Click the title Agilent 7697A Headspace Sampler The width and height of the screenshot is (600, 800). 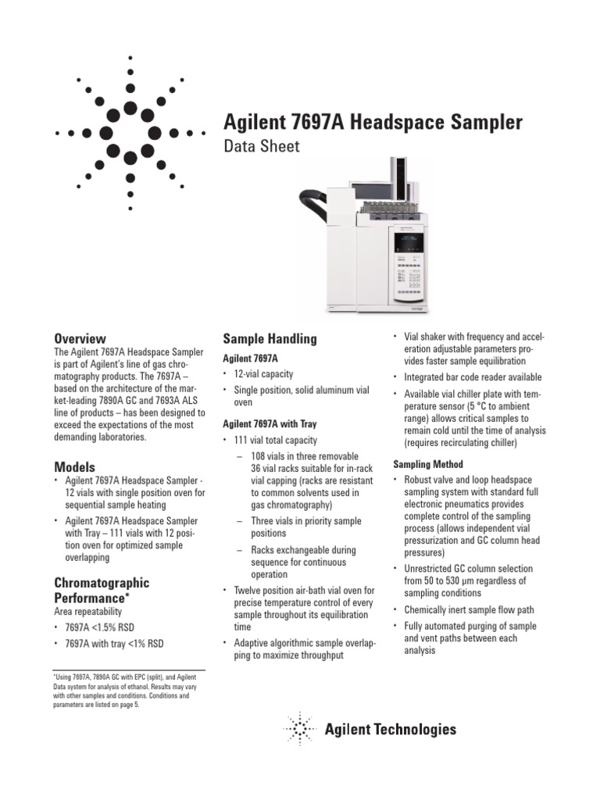pos(373,123)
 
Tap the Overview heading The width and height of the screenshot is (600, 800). pos(79,338)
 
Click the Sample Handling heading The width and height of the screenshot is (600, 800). pos(270,338)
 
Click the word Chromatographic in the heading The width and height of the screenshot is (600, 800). pos(101,583)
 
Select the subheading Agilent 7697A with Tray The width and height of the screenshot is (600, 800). pos(270,423)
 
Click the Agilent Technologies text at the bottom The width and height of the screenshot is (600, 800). pos(390,730)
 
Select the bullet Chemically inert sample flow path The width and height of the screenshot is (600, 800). pos(470,609)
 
